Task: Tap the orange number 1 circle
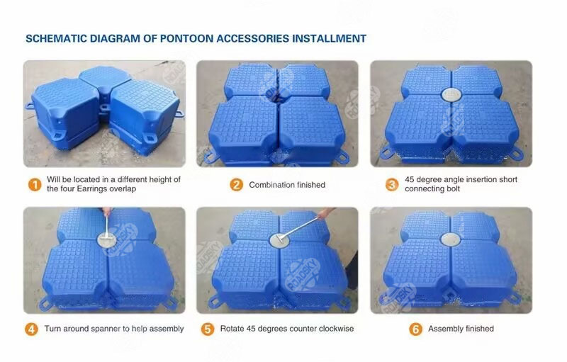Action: point(33,185)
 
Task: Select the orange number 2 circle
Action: point(237,185)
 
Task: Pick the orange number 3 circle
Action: point(391,185)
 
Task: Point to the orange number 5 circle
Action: point(208,329)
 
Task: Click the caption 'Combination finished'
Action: point(287,185)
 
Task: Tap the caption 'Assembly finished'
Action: point(461,329)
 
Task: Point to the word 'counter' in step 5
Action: point(305,329)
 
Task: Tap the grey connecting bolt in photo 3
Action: point(451,94)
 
